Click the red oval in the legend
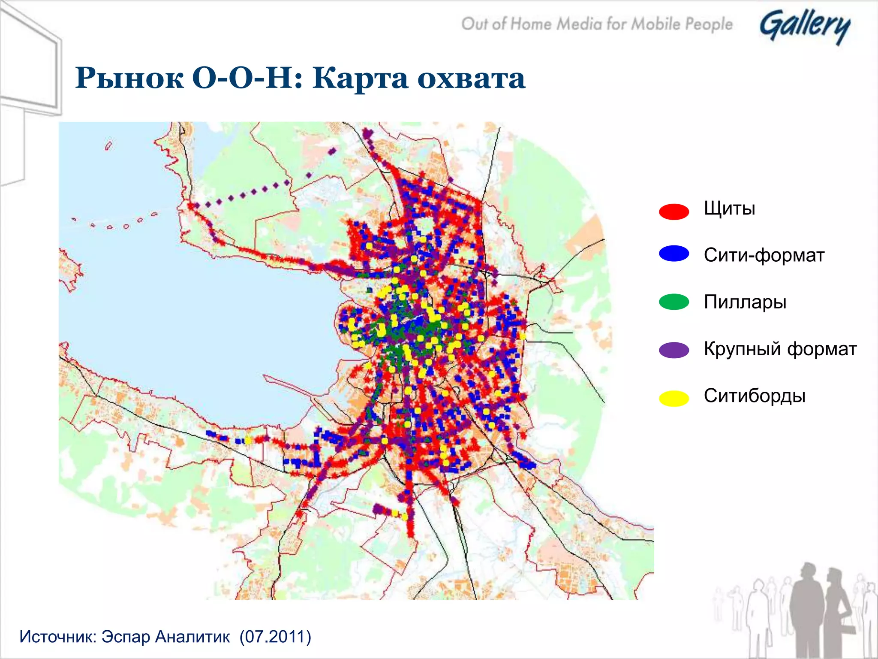tap(674, 212)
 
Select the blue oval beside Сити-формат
tap(674, 254)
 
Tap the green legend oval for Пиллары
tap(674, 302)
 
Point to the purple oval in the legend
tap(674, 350)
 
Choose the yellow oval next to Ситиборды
tap(674, 398)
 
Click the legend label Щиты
tap(729, 209)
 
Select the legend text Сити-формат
tap(764, 255)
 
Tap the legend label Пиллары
tap(745, 302)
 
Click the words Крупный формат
tap(780, 349)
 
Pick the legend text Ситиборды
tap(755, 396)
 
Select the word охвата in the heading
tap(471, 79)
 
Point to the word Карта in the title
tap(360, 79)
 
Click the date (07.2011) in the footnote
tap(275, 637)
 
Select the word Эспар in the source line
tap(125, 637)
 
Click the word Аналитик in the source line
tap(192, 637)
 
